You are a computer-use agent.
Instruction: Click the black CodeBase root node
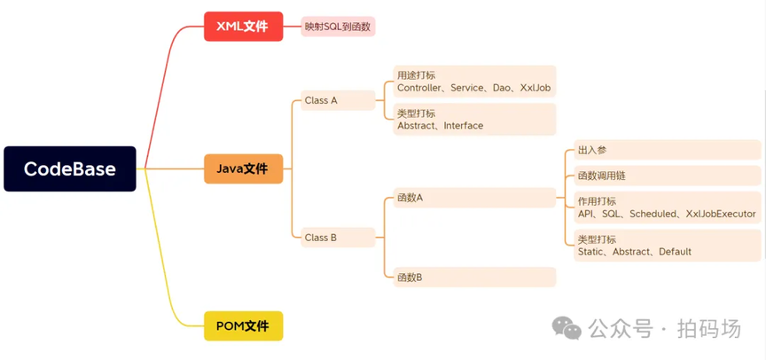70,169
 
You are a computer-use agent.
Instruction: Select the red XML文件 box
243,27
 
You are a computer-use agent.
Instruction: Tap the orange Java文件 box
243,168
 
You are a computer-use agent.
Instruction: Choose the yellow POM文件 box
243,326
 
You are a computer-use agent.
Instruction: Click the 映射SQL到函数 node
338,27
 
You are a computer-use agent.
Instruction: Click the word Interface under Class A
463,126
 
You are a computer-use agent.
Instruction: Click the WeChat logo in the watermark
567,328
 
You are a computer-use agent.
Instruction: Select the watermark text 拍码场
708,329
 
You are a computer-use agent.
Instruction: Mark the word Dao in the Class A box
503,88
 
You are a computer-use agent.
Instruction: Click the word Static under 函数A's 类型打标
591,252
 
